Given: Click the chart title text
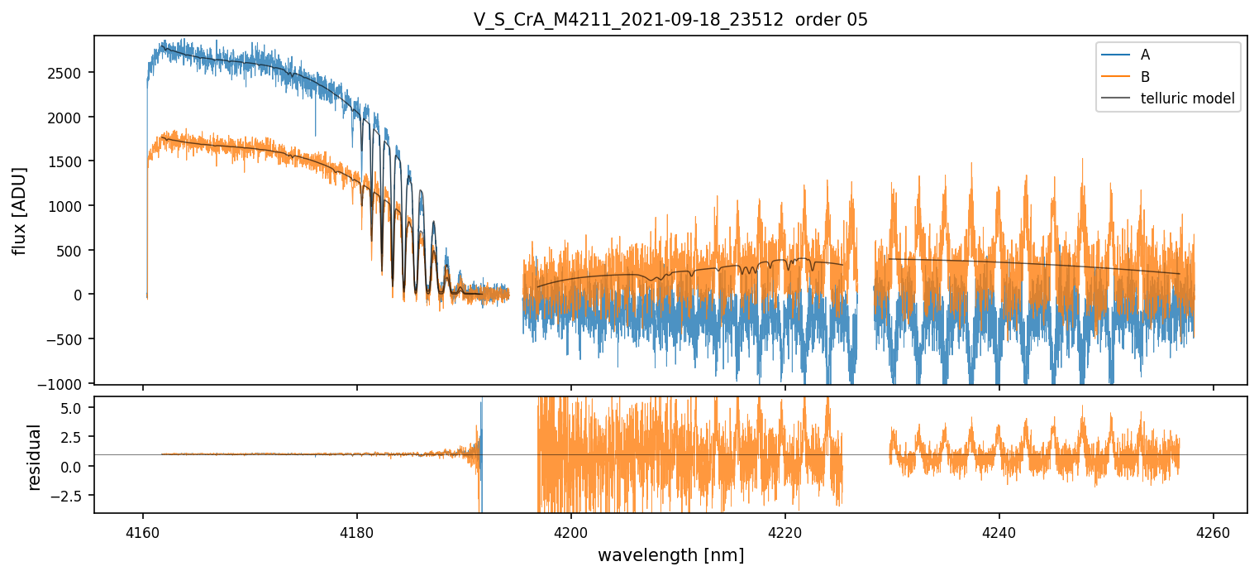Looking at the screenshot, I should [670, 20].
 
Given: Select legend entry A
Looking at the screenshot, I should [1145, 55].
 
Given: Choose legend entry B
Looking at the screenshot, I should [1145, 77].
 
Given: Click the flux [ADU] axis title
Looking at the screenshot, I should [19, 210].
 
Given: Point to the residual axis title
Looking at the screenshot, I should [34, 457].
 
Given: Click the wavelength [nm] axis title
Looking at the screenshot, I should [670, 554].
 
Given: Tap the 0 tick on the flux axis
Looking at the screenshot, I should [81, 295].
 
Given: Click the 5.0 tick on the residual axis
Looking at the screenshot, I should [75, 408].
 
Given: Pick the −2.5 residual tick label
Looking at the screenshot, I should [71, 496].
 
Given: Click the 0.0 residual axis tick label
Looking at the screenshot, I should [75, 467].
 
